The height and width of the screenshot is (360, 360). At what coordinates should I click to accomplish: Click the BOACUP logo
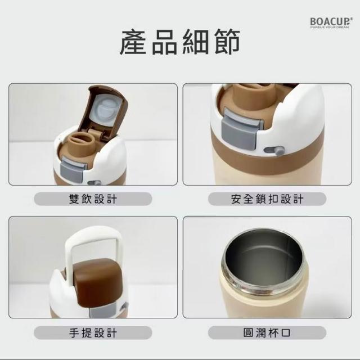(331, 22)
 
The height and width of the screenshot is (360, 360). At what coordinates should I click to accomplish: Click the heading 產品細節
(180, 42)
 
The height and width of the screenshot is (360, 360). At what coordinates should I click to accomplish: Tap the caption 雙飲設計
(93, 199)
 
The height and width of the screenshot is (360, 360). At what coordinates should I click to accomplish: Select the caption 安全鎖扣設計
(267, 199)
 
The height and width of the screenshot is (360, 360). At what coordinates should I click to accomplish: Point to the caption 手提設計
(93, 332)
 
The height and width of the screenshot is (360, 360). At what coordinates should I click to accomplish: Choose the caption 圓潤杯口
(267, 332)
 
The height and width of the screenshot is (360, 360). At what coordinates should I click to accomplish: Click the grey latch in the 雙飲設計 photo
(72, 170)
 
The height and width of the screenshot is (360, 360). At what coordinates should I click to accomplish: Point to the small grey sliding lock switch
(274, 150)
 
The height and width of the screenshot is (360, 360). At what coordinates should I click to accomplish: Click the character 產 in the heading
(133, 42)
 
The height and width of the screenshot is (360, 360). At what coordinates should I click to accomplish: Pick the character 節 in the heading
(227, 42)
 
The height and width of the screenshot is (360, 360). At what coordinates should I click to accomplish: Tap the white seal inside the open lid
(105, 110)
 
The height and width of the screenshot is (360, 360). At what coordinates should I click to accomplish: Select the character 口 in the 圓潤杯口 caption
(286, 333)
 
